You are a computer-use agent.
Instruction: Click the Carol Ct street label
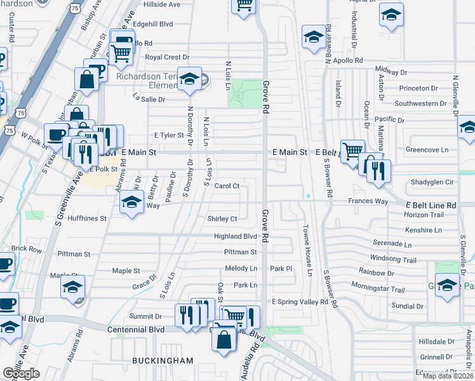[x=227, y=186]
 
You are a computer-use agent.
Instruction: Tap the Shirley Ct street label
[x=222, y=219]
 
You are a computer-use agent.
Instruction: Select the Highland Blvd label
[x=235, y=236]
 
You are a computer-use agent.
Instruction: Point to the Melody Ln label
[x=241, y=269]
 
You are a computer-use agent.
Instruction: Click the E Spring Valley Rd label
[x=300, y=302]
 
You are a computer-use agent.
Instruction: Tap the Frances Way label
[x=368, y=201]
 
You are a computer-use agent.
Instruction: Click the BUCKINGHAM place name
[x=163, y=361]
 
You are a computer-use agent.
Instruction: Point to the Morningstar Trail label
[x=381, y=290]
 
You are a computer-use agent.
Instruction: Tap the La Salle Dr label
[x=149, y=99]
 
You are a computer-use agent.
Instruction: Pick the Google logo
[x=22, y=373]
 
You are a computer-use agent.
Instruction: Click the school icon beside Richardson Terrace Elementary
[x=189, y=79]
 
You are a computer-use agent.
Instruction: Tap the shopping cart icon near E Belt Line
[x=352, y=152]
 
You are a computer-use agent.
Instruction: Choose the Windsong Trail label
[x=393, y=260]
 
